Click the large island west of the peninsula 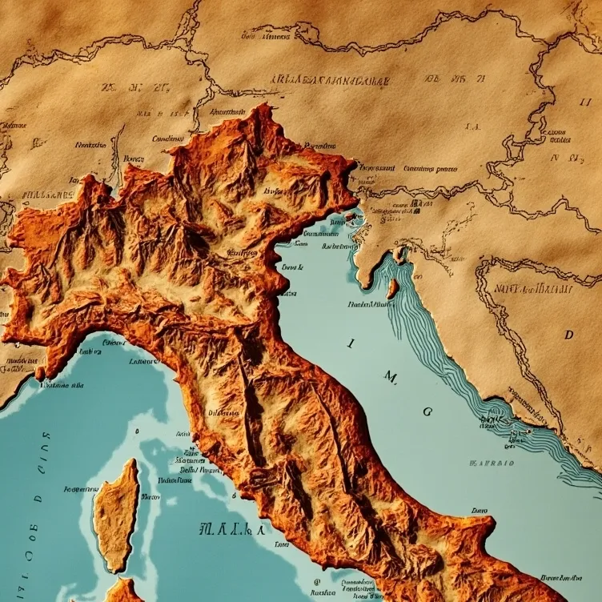(x=116, y=516)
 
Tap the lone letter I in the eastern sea (x=350, y=343)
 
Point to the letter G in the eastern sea (x=427, y=411)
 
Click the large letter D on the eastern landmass (x=569, y=335)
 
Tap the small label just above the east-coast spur (x=479, y=510)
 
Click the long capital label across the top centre (x=330, y=81)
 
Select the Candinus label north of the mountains (x=168, y=138)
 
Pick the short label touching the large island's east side (x=150, y=496)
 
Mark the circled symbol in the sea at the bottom (x=317, y=583)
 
